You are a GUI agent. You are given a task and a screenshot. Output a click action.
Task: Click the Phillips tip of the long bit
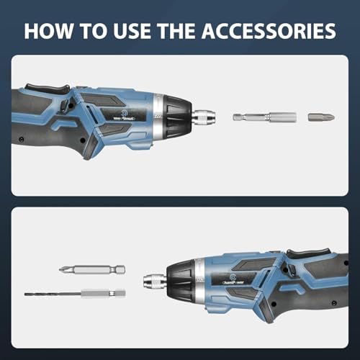65,270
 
